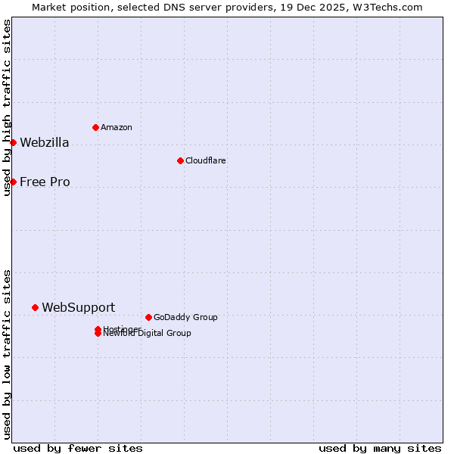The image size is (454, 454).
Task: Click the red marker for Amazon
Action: click(95, 127)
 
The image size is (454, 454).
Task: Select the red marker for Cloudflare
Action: click(180, 160)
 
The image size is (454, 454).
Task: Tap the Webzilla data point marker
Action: click(13, 142)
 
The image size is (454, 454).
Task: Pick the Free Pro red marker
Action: click(13, 182)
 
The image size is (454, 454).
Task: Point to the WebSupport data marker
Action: click(35, 307)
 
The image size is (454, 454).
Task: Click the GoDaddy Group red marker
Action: click(148, 317)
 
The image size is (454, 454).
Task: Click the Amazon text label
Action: click(116, 127)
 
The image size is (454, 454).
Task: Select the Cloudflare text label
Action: click(205, 160)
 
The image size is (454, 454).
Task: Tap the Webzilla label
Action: click(44, 142)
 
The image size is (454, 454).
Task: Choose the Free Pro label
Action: click(45, 182)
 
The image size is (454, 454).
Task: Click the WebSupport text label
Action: click(78, 307)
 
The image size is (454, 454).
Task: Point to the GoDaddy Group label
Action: click(185, 317)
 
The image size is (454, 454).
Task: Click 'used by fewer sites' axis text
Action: click(78, 448)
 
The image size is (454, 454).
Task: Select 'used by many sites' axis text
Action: click(380, 448)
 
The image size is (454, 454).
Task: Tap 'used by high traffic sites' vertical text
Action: click(7, 107)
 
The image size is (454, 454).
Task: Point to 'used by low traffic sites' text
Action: click(7, 354)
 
